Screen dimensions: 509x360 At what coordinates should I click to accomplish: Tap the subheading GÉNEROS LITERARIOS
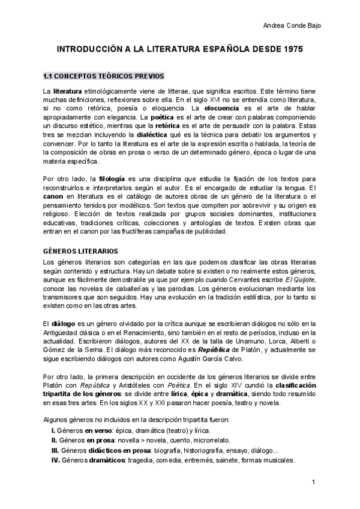click(x=80, y=250)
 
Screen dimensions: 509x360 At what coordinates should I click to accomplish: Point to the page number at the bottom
click(x=313, y=482)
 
